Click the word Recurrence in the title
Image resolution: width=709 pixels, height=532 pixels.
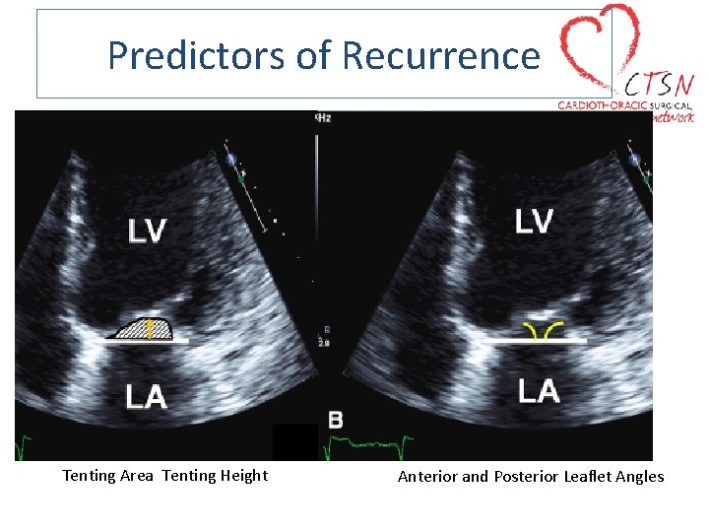coord(440,55)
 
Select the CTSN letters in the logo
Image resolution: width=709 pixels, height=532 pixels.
coord(657,82)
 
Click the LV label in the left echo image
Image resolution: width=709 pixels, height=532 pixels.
coord(148,231)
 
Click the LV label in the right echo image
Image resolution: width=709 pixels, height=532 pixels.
coord(534,222)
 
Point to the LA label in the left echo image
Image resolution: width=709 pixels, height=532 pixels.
coord(146,397)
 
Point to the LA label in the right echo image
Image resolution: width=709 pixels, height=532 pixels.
coord(539,391)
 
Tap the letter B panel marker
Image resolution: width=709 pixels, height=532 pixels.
coord(336,421)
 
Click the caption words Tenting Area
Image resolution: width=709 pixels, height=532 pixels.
coord(107,476)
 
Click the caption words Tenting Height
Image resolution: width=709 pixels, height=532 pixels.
coord(215,476)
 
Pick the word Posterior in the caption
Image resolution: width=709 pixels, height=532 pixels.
coord(526,477)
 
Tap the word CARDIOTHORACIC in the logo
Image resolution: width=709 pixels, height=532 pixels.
coord(600,104)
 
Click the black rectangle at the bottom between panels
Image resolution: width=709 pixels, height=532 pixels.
coord(295,441)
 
